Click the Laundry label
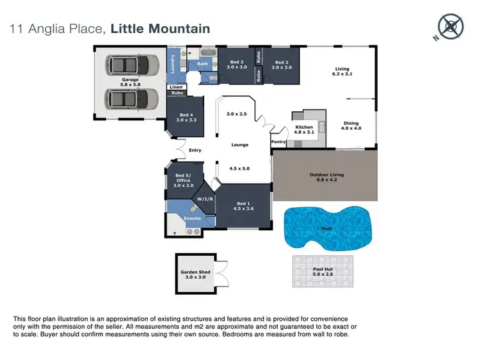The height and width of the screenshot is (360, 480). click(x=173, y=63)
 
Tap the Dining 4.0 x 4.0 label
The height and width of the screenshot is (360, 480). click(x=351, y=126)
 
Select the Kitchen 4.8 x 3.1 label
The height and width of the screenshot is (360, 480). click(x=304, y=130)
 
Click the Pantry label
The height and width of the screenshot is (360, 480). click(x=278, y=142)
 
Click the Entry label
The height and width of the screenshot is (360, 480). click(x=195, y=150)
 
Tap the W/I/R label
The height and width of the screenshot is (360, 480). click(x=205, y=198)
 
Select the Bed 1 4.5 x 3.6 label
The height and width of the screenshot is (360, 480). click(x=244, y=205)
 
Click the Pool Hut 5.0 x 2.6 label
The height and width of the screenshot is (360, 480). click(x=323, y=272)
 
